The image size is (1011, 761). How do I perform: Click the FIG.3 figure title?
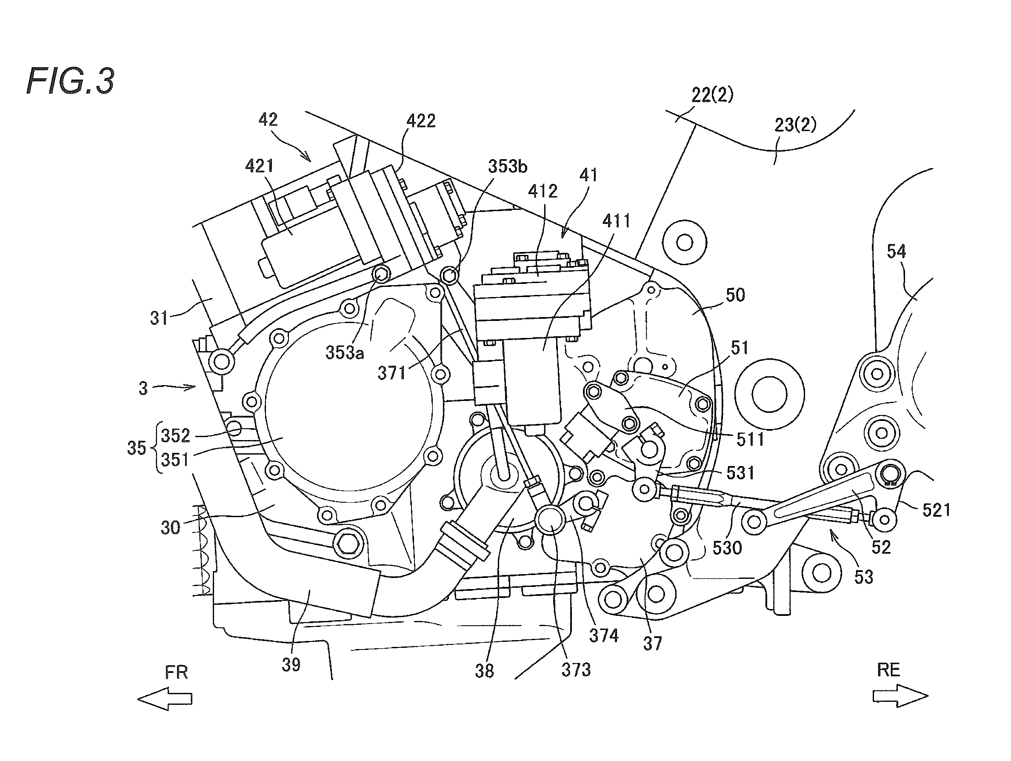[x=70, y=81]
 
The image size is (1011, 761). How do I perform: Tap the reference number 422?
[x=421, y=121]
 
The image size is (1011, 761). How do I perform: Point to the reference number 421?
[x=259, y=166]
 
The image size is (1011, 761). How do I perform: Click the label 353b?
[x=507, y=166]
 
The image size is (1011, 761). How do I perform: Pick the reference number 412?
[x=543, y=191]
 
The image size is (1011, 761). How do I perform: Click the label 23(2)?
[x=795, y=125]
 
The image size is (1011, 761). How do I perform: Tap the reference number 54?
[x=896, y=252]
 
